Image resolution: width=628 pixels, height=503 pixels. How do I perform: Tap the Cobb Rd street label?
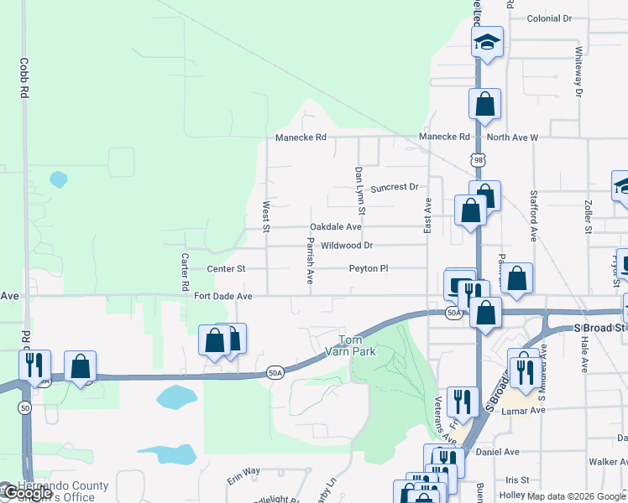click(25, 77)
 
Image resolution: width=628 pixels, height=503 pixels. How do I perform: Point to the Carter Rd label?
click(186, 273)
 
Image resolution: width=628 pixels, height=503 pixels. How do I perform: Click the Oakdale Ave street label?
click(336, 227)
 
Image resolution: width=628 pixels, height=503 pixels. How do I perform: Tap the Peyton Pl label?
click(369, 269)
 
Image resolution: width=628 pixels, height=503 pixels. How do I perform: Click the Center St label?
click(226, 269)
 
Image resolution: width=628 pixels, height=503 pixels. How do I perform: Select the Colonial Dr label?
click(549, 18)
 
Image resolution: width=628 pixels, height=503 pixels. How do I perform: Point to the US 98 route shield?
click(478, 158)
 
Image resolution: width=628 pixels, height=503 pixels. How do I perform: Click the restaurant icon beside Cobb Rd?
click(34, 365)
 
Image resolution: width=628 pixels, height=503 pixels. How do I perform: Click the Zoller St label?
click(587, 216)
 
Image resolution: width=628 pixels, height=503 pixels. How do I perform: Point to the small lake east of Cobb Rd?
click(58, 179)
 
